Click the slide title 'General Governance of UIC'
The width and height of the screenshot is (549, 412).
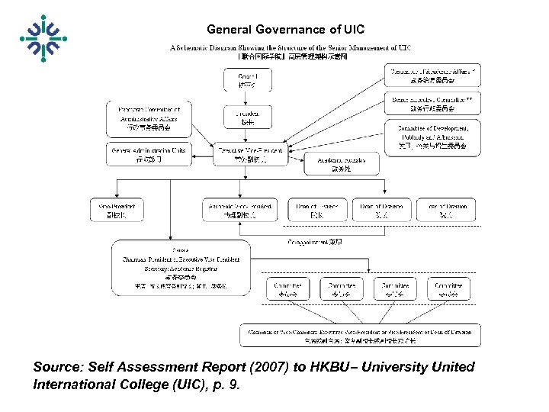285,30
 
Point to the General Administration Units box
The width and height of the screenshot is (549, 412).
148,154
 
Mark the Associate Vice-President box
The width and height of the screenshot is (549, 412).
239,210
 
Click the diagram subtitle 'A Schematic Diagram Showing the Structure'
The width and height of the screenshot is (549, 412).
290,47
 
